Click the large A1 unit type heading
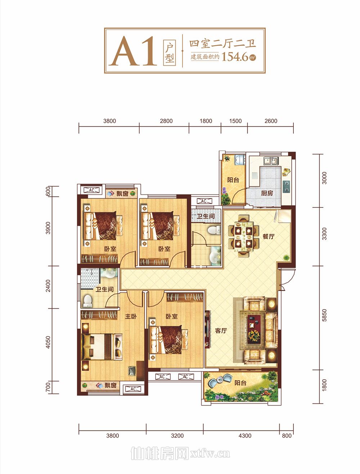[133, 51]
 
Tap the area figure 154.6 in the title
[235, 57]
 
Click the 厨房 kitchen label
[267, 193]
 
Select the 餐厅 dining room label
[268, 237]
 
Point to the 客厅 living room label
[221, 331]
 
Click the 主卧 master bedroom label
[131, 316]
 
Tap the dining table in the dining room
[243, 237]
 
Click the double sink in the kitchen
[271, 161]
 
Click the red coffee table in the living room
[254, 329]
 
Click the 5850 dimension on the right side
[324, 315]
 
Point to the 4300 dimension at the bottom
[245, 435]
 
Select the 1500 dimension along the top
[235, 121]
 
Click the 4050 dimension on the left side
[48, 342]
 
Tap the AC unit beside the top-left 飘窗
[91, 190]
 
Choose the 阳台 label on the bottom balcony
[240, 383]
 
